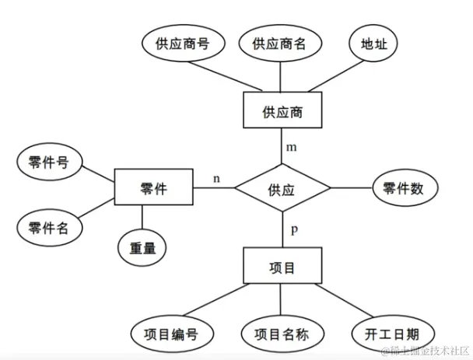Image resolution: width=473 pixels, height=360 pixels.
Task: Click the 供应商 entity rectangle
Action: tap(282, 111)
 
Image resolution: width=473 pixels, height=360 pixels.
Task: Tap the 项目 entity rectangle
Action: tap(282, 267)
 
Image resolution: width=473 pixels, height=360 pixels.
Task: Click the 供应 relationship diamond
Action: tap(282, 188)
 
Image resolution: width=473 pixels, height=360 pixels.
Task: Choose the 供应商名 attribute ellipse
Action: tap(279, 44)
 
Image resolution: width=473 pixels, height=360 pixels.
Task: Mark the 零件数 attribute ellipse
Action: tap(403, 188)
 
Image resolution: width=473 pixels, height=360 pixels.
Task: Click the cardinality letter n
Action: tap(217, 178)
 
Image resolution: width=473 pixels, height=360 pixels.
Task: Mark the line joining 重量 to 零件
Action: tap(142, 215)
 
